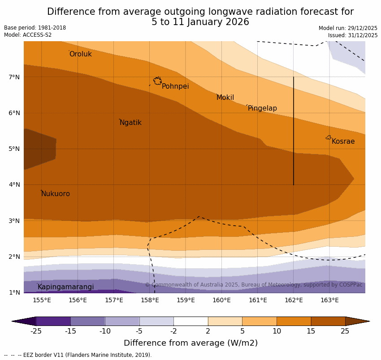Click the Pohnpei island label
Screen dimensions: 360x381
tap(175, 86)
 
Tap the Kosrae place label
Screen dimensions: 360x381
tap(343, 141)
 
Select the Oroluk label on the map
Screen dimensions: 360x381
tap(80, 54)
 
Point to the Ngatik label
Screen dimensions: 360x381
tap(130, 123)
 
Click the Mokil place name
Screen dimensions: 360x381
tap(225, 98)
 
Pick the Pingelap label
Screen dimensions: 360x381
tap(262, 108)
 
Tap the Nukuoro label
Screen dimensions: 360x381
tap(56, 194)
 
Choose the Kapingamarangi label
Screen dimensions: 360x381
tap(65, 287)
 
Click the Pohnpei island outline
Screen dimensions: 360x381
tap(157, 81)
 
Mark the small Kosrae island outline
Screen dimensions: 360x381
tap(329, 137)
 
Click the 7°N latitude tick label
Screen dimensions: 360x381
tap(14, 77)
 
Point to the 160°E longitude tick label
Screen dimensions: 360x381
tap(221, 300)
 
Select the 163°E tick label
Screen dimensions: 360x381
tap(329, 300)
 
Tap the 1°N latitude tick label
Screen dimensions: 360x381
tap(14, 292)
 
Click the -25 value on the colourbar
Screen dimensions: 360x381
tap(36, 331)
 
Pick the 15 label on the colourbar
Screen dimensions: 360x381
tap(311, 331)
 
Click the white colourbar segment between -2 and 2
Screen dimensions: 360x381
tap(190, 321)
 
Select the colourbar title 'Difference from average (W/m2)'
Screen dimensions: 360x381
tap(190, 343)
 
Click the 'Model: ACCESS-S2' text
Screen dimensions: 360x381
tap(28, 35)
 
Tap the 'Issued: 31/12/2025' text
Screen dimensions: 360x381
tap(352, 35)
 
